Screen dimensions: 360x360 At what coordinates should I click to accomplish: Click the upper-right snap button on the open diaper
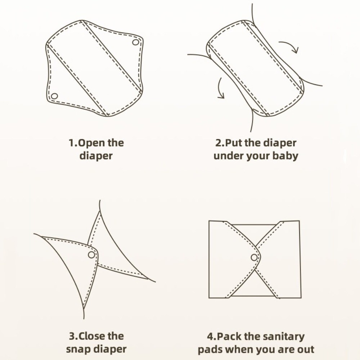click(135, 42)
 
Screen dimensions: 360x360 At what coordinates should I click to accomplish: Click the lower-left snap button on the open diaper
click(54, 96)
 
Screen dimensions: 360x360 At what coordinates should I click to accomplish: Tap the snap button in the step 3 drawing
click(91, 255)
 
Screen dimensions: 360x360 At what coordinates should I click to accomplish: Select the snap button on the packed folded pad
click(254, 257)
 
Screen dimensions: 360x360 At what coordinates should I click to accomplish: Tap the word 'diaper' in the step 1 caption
click(96, 156)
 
